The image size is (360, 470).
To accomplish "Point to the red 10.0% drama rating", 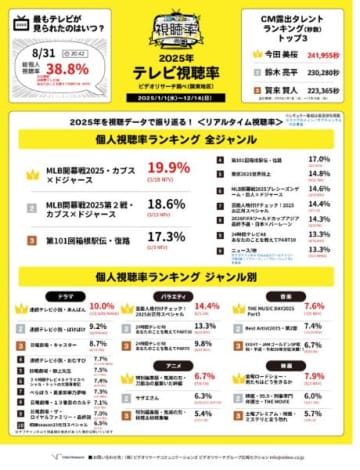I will click(102, 306).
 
